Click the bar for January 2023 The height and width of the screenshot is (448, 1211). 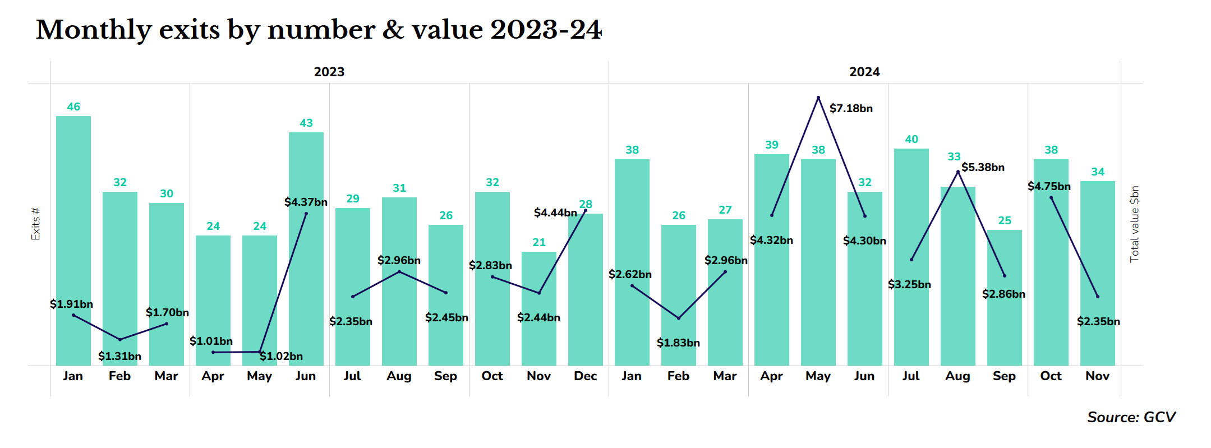(x=73, y=241)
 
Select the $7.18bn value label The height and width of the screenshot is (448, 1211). (x=851, y=108)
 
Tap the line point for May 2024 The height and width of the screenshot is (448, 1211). (x=818, y=98)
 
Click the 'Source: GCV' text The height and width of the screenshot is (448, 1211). (x=1131, y=417)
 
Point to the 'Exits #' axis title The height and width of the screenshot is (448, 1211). (x=35, y=224)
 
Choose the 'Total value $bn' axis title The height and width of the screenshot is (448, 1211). (x=1134, y=224)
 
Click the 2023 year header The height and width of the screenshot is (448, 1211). (x=329, y=72)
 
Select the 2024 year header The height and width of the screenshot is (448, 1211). (x=864, y=72)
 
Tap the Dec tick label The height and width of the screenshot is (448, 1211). (x=585, y=376)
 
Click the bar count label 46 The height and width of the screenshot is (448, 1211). (x=73, y=107)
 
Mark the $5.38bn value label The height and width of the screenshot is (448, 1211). (x=983, y=167)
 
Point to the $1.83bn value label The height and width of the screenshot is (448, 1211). (x=678, y=343)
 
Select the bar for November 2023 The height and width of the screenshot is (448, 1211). (x=539, y=331)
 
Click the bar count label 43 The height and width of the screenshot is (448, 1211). (x=306, y=123)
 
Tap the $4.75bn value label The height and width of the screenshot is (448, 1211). (x=1049, y=186)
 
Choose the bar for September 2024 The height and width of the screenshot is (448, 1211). (x=1005, y=325)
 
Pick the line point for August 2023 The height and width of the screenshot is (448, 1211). (x=399, y=272)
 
